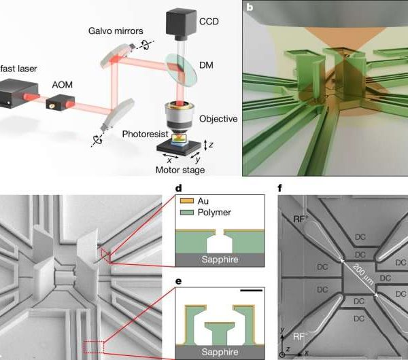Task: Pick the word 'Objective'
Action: point(218,119)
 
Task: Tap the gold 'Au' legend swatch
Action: point(185,200)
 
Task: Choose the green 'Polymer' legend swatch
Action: point(185,212)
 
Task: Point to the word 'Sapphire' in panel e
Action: point(221,351)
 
